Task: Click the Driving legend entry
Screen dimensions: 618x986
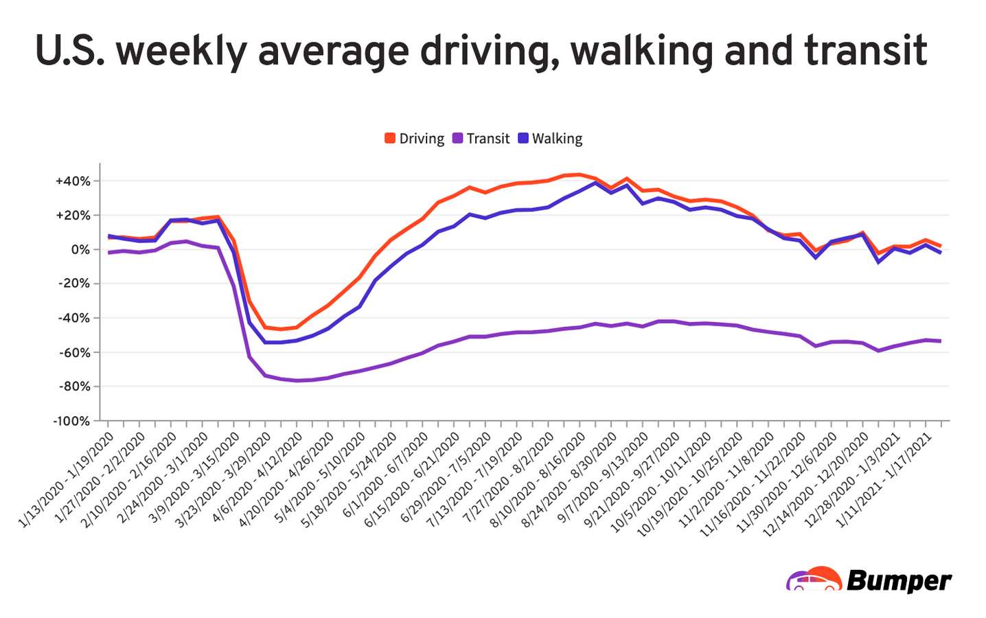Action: coord(415,139)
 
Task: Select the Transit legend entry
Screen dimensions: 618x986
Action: coord(481,139)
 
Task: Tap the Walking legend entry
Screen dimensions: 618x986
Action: coord(550,139)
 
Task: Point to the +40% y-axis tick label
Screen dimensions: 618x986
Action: coord(73,181)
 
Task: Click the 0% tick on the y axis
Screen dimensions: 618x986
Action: coord(80,250)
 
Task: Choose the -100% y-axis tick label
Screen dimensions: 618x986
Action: coord(71,421)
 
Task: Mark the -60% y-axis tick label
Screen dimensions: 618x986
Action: coord(73,352)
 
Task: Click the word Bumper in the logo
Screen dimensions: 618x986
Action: coord(899,581)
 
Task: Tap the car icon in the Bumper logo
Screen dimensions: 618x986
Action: coord(814,580)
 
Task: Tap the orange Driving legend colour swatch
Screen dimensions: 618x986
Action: coord(390,139)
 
